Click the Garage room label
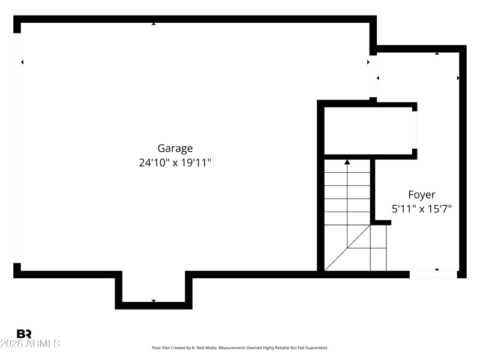tap(175, 148)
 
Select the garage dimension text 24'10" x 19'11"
tap(175, 163)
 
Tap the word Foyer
tap(422, 194)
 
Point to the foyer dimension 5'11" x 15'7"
tap(422, 209)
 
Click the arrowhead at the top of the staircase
tap(347, 161)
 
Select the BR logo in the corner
tap(24, 334)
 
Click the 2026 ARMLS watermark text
tap(30, 344)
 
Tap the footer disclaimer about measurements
tap(240, 348)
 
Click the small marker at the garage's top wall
tap(154, 23)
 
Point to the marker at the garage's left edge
tap(22, 62)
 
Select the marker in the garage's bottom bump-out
tap(154, 301)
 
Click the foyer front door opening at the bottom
tap(433, 274)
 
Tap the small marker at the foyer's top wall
tap(437, 54)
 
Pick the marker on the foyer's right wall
tap(458, 78)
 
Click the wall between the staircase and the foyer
tap(373, 191)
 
